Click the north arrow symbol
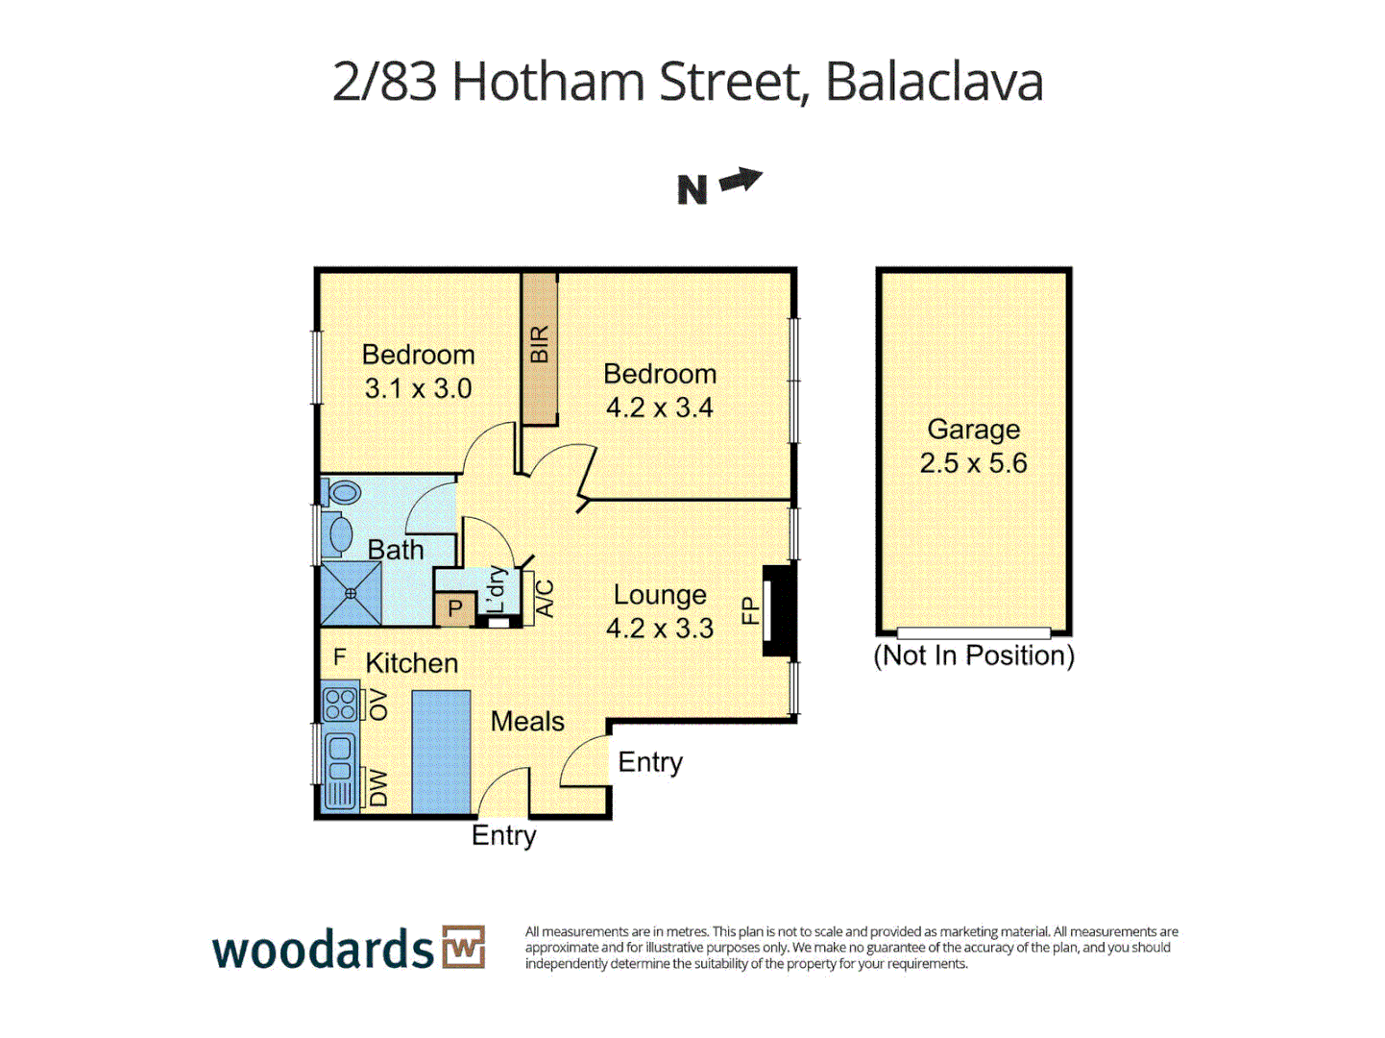tap(741, 181)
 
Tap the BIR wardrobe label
tap(540, 344)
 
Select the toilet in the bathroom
tap(342, 493)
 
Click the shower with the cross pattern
tap(351, 594)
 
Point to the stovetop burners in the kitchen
tap(340, 704)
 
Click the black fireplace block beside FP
tap(779, 611)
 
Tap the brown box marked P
tap(454, 608)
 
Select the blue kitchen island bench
tap(441, 752)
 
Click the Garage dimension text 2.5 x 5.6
tap(973, 463)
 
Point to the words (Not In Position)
tap(973, 655)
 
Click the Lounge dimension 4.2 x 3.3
tap(659, 629)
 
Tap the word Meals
tap(527, 722)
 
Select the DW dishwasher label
tap(378, 788)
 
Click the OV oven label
tap(378, 704)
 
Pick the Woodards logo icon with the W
tap(464, 948)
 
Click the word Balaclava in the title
tap(934, 82)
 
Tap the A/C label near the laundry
tap(545, 599)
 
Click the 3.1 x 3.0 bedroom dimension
tap(418, 389)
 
